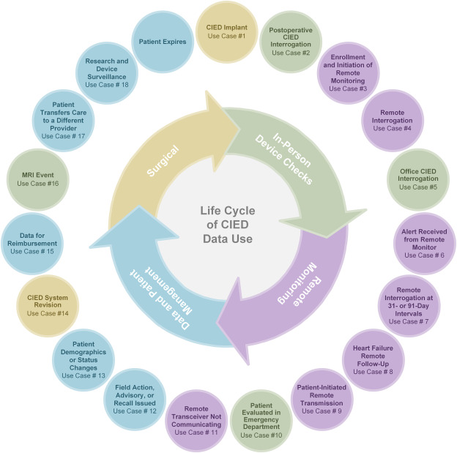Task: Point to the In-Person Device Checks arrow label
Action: [285, 157]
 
